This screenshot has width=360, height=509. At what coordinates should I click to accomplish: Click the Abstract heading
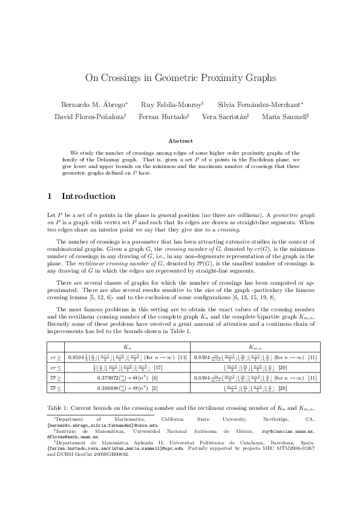point(180,141)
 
